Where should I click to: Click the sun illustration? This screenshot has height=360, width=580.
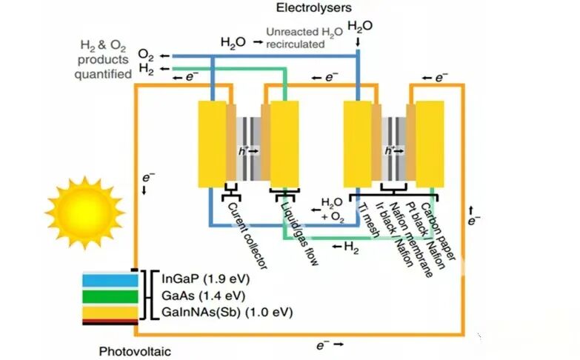(x=85, y=213)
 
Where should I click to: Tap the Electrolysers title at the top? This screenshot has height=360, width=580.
(x=313, y=7)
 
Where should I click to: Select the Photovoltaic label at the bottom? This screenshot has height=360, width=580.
(x=135, y=351)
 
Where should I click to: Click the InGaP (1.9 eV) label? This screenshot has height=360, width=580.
(x=206, y=279)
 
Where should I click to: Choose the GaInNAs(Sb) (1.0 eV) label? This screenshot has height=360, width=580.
(x=227, y=313)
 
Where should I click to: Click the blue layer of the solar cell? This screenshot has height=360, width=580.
(x=110, y=280)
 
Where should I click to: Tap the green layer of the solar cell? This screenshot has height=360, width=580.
(x=110, y=297)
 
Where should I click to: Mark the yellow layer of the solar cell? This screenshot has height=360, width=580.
(x=110, y=313)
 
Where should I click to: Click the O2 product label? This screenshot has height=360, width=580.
(x=146, y=55)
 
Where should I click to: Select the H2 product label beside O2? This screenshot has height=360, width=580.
(x=147, y=69)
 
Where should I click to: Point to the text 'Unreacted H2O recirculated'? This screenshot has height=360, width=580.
(x=304, y=38)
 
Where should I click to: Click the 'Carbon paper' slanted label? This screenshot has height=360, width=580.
(x=438, y=231)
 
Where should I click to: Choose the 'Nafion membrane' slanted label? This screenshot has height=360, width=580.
(x=411, y=239)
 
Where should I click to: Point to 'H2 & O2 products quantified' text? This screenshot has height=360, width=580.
(x=103, y=59)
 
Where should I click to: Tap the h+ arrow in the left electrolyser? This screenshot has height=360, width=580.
(x=249, y=150)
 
